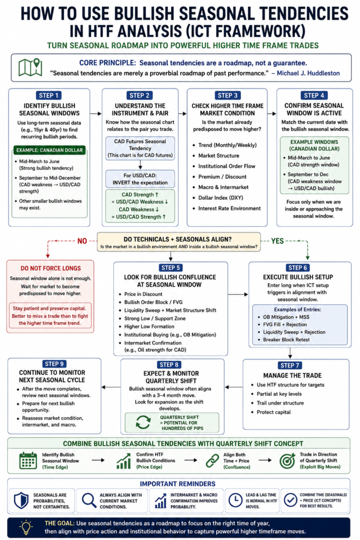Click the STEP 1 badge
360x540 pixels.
click(49, 95)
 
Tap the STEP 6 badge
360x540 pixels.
click(298, 267)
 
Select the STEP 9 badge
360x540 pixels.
click(54, 364)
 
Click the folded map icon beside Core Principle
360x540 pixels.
click(30, 67)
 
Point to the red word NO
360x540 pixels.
click(82, 241)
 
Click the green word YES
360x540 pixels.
click(277, 241)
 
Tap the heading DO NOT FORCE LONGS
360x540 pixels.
click(51, 268)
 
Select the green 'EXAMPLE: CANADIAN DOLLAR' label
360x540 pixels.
click(50, 150)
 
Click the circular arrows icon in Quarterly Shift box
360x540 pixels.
click(143, 422)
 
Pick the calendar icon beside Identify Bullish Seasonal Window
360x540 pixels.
click(28, 460)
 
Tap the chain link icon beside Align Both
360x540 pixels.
click(212, 461)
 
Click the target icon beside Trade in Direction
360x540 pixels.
click(287, 461)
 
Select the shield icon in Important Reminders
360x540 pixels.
click(21, 500)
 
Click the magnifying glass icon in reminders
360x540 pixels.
click(89, 500)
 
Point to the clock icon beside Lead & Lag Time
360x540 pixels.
click(236, 500)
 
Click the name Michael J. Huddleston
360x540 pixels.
click(308, 73)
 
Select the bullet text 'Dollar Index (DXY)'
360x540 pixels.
click(221, 198)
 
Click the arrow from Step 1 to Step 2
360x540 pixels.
click(96, 113)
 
